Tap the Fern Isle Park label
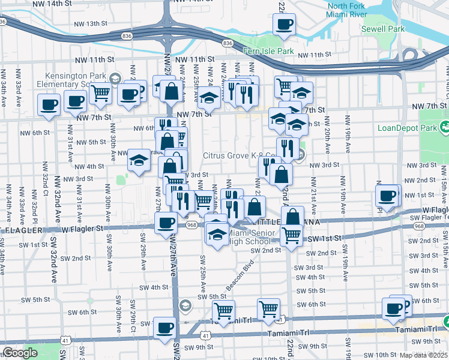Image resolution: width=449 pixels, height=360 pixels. (x=268, y=52)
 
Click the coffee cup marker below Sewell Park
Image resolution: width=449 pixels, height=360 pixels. (x=284, y=25)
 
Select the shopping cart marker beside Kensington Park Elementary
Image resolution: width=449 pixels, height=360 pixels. (x=101, y=93)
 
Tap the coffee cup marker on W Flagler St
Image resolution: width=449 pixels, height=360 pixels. (x=166, y=223)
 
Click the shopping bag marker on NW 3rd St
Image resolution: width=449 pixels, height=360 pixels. (x=281, y=175)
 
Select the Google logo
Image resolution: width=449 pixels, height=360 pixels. (x=20, y=353)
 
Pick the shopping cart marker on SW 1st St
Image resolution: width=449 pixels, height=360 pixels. (x=292, y=235)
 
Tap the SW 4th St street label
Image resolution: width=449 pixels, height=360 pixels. (x=151, y=287)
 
